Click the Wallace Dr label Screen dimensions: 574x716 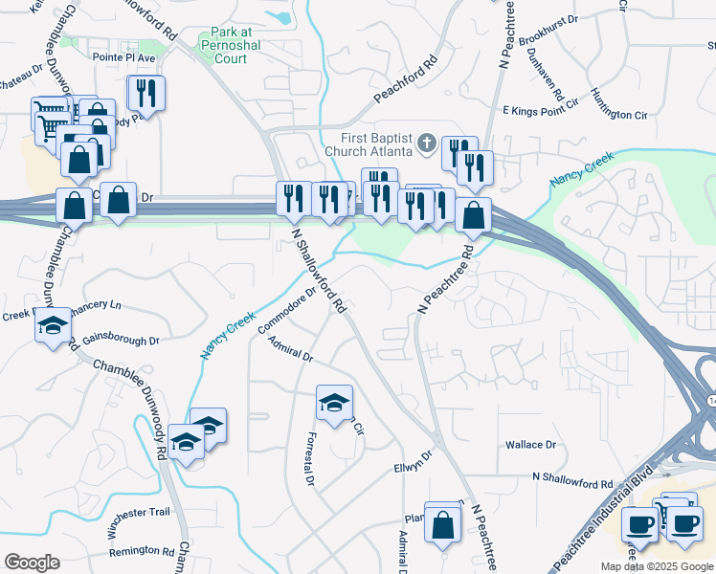click(531, 445)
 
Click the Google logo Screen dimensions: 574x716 click(32, 563)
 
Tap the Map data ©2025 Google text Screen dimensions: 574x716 click(657, 566)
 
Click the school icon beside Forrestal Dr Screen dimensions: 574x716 click(334, 402)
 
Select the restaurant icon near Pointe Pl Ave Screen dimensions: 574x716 click(146, 93)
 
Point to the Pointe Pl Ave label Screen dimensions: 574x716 click(123, 57)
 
